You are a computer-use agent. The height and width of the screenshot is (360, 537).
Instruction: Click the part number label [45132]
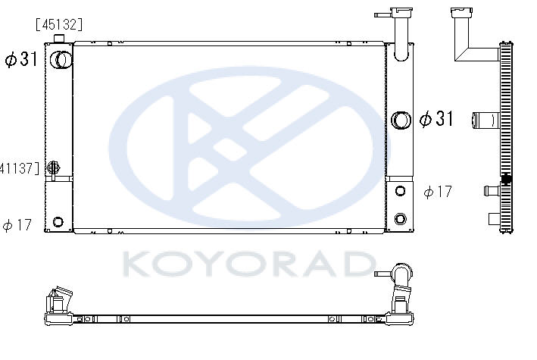point(59,25)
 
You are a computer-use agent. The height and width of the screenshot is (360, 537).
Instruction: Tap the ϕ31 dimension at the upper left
point(21,59)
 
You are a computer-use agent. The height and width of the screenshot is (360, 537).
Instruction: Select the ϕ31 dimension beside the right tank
point(436,119)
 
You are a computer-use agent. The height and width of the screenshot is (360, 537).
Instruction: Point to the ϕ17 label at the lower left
point(17,225)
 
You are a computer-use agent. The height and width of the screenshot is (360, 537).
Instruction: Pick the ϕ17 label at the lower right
point(438,192)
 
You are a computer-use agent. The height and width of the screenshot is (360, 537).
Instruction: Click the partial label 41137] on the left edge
point(20,168)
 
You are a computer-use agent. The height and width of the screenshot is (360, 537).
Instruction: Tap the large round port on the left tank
point(61,60)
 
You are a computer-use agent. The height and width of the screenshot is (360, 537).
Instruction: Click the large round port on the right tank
point(401,121)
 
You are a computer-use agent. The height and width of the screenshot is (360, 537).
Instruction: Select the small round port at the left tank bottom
point(58,222)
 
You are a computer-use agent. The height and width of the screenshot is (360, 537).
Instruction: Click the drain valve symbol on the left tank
point(54,167)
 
